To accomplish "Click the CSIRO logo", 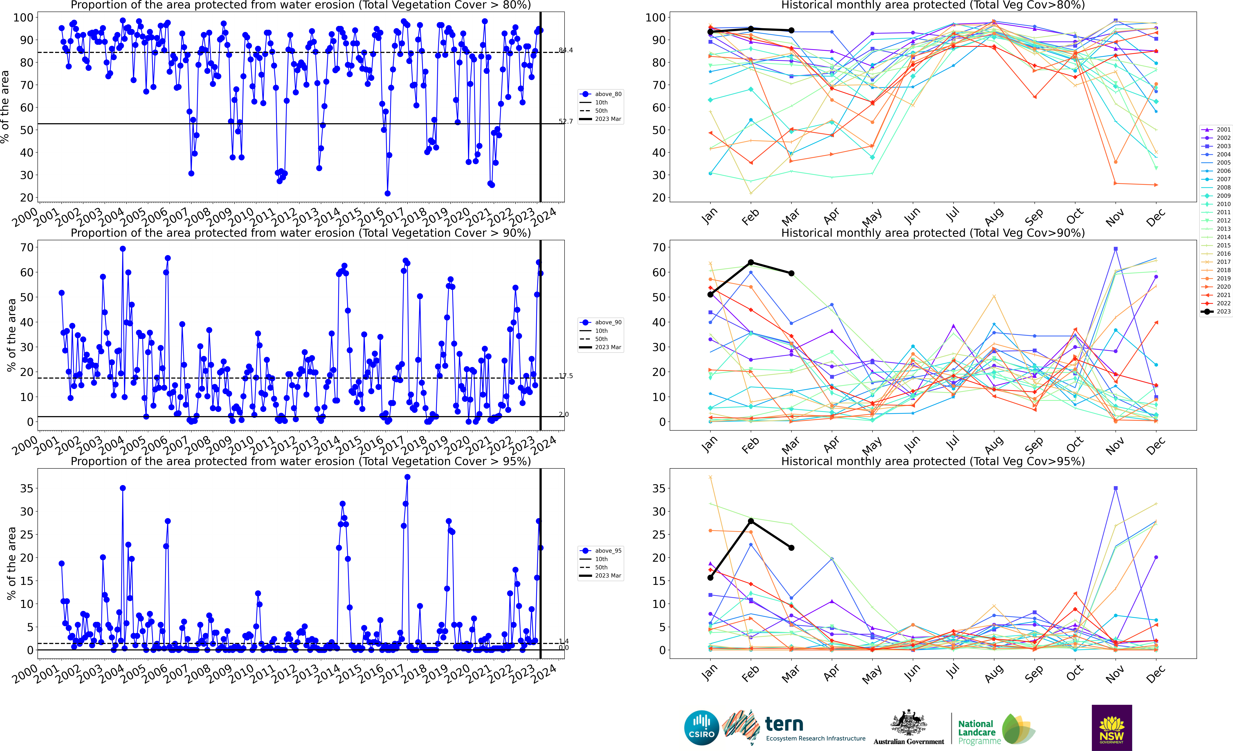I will tap(702, 727).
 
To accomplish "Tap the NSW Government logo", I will tap(1111, 727).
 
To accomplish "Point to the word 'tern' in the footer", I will tap(784, 724).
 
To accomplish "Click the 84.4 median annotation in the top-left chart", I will tap(566, 50).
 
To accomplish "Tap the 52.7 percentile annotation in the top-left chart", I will tap(566, 121).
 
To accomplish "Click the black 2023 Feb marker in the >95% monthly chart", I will tap(751, 521).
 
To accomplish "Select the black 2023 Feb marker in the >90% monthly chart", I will tap(751, 262).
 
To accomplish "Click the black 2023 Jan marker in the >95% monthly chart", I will tap(710, 578).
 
